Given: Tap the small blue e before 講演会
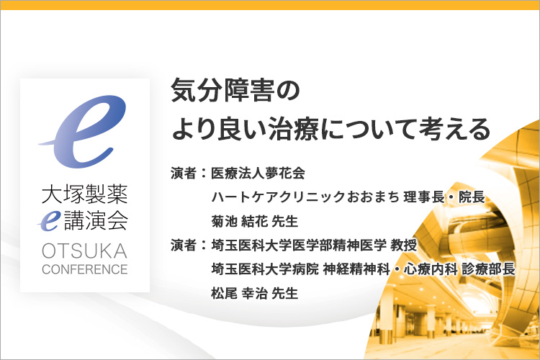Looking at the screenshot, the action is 49,220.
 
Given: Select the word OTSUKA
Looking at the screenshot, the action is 85,251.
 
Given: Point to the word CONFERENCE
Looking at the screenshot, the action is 85,269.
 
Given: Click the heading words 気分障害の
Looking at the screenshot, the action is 235,90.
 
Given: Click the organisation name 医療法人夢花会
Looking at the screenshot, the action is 258,173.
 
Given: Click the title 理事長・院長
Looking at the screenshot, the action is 445,197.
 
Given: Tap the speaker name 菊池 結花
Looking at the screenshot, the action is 239,221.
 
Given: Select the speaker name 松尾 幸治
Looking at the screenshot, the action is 239,294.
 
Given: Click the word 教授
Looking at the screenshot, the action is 404,246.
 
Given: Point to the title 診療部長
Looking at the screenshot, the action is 488,269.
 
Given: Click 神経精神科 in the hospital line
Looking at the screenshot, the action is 356,269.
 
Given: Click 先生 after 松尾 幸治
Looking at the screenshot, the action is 285,294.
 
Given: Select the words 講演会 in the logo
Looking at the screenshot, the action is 96,220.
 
